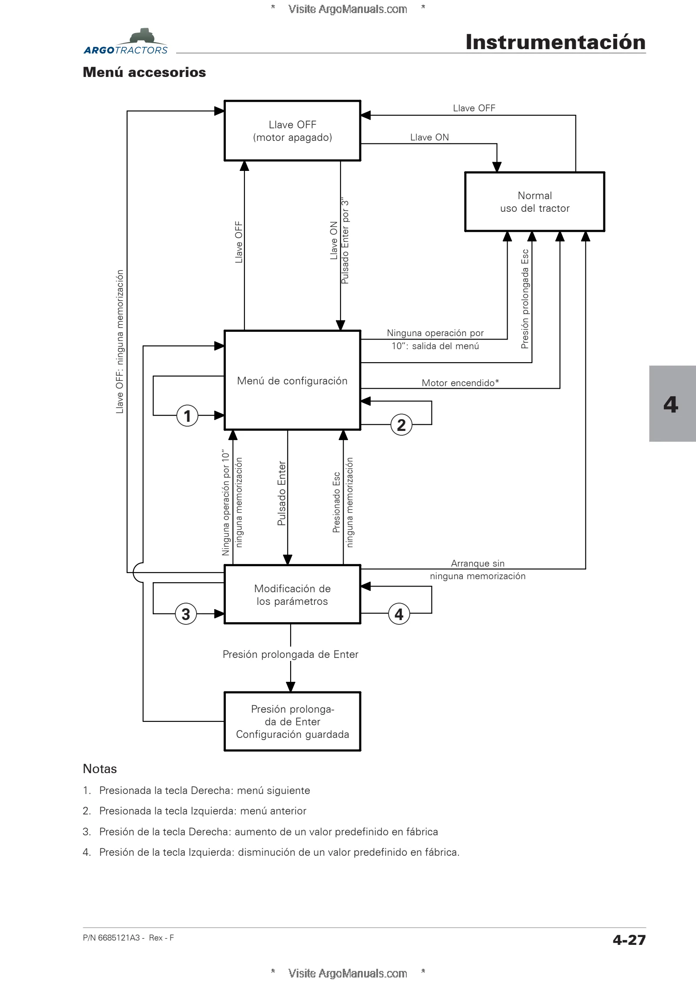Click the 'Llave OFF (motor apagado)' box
click(x=292, y=130)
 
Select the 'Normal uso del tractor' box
click(x=535, y=202)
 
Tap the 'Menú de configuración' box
click(x=292, y=380)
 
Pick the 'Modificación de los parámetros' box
click(x=292, y=594)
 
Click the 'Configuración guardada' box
click(x=292, y=721)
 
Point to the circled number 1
click(x=187, y=416)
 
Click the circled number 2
click(x=401, y=425)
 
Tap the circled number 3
click(x=186, y=614)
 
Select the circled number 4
click(x=399, y=614)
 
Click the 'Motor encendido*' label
click(x=460, y=383)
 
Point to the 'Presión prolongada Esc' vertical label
click(x=525, y=299)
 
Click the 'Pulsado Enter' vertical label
click(x=282, y=493)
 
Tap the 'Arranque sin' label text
click(x=478, y=564)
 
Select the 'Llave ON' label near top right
click(x=429, y=137)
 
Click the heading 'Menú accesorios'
click(x=144, y=72)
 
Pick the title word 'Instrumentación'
click(x=555, y=42)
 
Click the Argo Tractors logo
click(x=126, y=42)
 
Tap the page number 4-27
click(x=629, y=940)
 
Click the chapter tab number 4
click(x=671, y=404)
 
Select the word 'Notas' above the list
click(x=100, y=769)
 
